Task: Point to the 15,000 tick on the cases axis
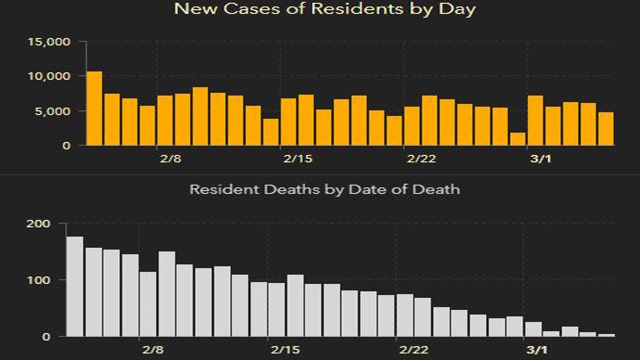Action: click(48, 42)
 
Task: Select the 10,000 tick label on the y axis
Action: click(48, 76)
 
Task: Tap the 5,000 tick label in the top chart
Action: click(52, 111)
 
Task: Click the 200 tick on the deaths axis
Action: click(39, 224)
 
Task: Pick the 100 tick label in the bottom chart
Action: click(39, 280)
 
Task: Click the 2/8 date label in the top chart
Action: click(170, 159)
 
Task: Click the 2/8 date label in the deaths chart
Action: click(152, 350)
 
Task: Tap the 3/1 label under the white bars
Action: click(537, 350)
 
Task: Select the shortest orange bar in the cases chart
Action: click(517, 139)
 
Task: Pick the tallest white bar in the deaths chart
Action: click(75, 287)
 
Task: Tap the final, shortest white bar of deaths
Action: click(606, 335)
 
